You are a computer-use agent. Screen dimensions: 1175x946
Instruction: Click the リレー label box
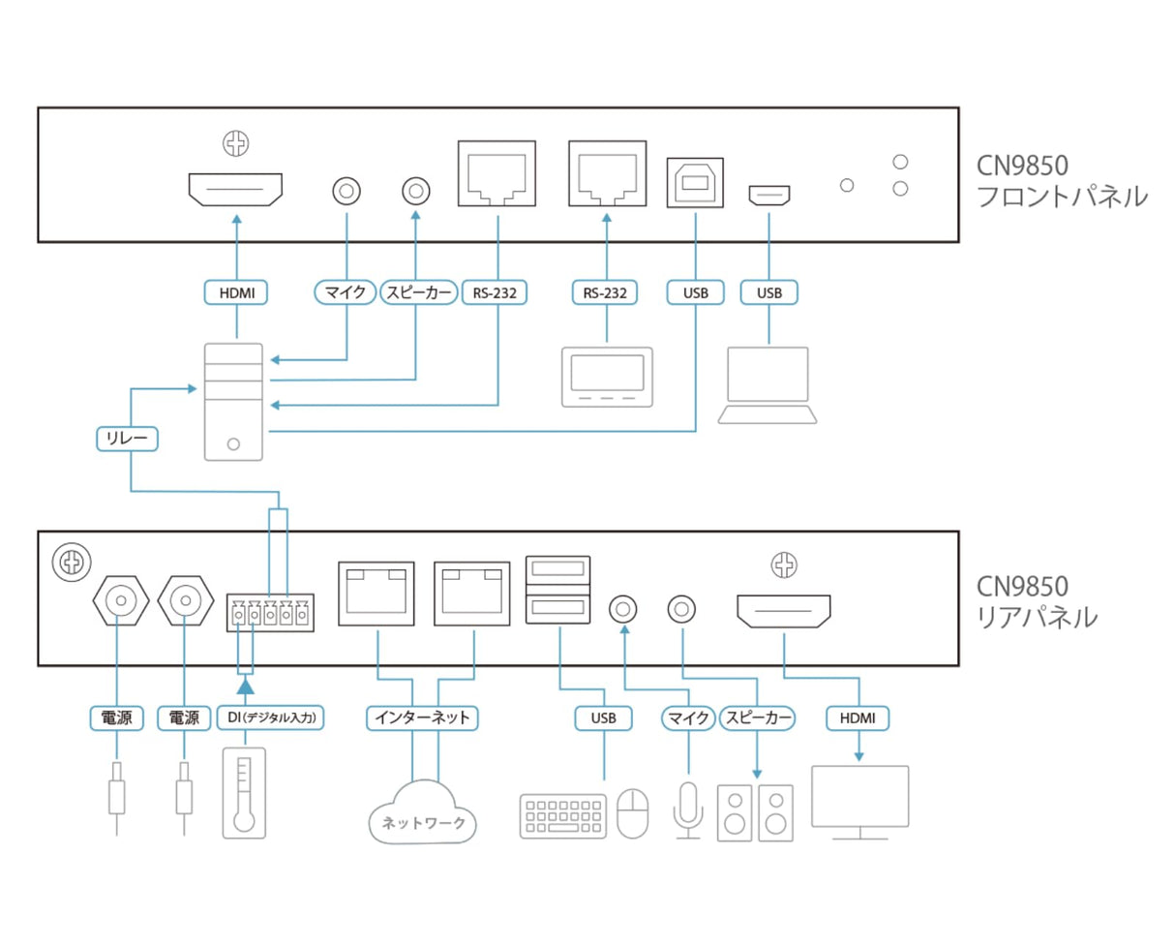[x=127, y=440]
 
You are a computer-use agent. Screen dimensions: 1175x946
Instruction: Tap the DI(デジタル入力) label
[x=271, y=717]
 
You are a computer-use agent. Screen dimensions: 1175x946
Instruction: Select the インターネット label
[x=422, y=717]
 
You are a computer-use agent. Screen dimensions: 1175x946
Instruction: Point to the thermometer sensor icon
[x=244, y=793]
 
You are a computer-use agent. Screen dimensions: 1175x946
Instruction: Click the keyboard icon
[x=563, y=816]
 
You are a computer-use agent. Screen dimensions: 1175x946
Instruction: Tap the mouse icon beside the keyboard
[x=633, y=813]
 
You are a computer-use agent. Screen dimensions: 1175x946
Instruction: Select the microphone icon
[x=688, y=810]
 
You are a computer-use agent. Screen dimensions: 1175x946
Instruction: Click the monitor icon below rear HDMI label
[x=859, y=803]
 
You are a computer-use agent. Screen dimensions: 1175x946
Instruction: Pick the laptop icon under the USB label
[x=768, y=385]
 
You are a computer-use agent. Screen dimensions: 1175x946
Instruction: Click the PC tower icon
[x=233, y=402]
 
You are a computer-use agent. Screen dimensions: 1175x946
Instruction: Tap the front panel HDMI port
[x=235, y=190]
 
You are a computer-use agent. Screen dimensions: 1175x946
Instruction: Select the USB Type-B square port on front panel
[x=695, y=183]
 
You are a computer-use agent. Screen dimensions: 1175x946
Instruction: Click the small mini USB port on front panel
[x=768, y=196]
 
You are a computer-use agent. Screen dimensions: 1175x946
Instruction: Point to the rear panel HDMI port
[x=784, y=611]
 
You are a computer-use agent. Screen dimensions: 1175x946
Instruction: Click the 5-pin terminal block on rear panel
[x=270, y=613]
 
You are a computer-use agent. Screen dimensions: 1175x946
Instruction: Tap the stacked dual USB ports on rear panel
[x=557, y=590]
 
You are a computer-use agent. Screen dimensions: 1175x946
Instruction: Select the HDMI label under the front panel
[x=236, y=292]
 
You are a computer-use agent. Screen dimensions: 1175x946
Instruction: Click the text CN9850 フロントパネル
[x=1062, y=181]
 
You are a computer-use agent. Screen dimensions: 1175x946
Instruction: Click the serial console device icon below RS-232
[x=607, y=377]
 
